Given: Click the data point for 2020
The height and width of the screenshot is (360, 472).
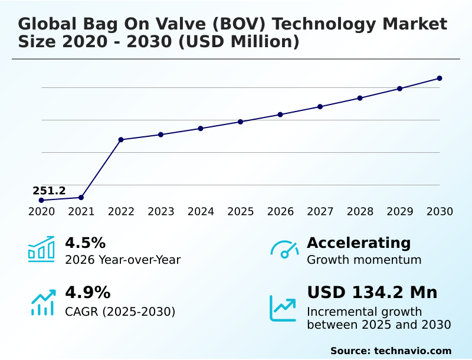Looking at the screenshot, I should click(41, 200).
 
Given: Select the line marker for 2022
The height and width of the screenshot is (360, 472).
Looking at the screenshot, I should click(121, 140).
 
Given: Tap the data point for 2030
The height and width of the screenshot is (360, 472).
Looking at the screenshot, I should click(440, 78).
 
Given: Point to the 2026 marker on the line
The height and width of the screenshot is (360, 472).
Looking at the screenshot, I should click(280, 114).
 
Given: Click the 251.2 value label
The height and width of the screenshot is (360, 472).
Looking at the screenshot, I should click(49, 191).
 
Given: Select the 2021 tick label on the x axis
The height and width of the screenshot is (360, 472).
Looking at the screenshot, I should click(81, 212).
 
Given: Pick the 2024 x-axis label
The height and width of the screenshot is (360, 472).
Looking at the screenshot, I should click(201, 212).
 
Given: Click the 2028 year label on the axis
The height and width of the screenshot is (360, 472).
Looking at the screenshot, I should click(360, 212).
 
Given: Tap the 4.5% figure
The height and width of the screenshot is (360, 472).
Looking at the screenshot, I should click(85, 243).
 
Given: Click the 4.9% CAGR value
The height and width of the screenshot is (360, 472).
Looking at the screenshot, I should click(87, 293).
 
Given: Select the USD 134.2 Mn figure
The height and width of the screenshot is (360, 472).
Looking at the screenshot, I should click(372, 293).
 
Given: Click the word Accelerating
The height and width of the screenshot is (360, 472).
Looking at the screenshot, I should click(359, 243).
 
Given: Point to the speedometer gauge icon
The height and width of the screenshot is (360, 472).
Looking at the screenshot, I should click(284, 250).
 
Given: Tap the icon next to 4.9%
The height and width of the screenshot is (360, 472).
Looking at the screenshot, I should click(42, 302).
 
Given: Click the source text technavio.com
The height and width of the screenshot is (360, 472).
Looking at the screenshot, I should click(413, 351).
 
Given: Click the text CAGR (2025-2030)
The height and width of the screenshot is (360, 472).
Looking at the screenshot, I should click(120, 312).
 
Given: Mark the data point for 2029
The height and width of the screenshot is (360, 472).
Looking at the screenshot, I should click(399, 89).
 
